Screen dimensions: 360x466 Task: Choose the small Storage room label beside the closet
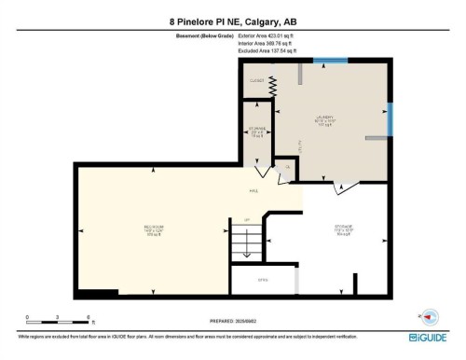pyautogui.click(x=255, y=132)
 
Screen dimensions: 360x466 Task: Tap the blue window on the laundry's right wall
pyautogui.click(x=390, y=118)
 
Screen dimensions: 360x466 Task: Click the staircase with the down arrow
pyautogui.click(x=245, y=244)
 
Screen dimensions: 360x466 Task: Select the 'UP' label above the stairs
pyautogui.click(x=247, y=220)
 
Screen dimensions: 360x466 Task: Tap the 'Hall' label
pyautogui.click(x=253, y=191)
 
